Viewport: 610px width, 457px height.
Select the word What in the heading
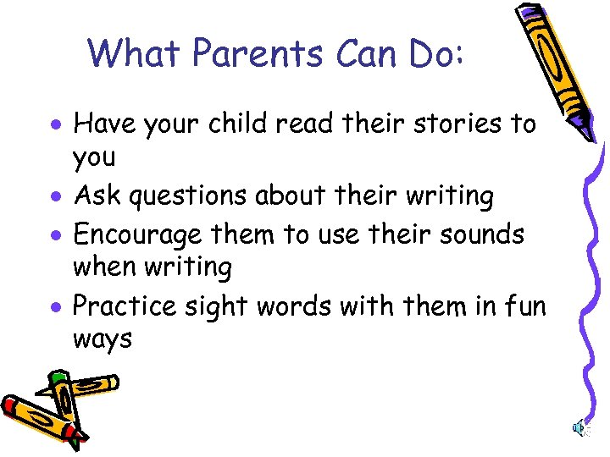(x=136, y=54)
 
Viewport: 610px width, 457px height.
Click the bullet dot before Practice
(x=56, y=306)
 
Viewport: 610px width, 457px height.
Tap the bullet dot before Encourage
(x=56, y=234)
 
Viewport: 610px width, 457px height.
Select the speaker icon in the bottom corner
(x=579, y=430)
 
